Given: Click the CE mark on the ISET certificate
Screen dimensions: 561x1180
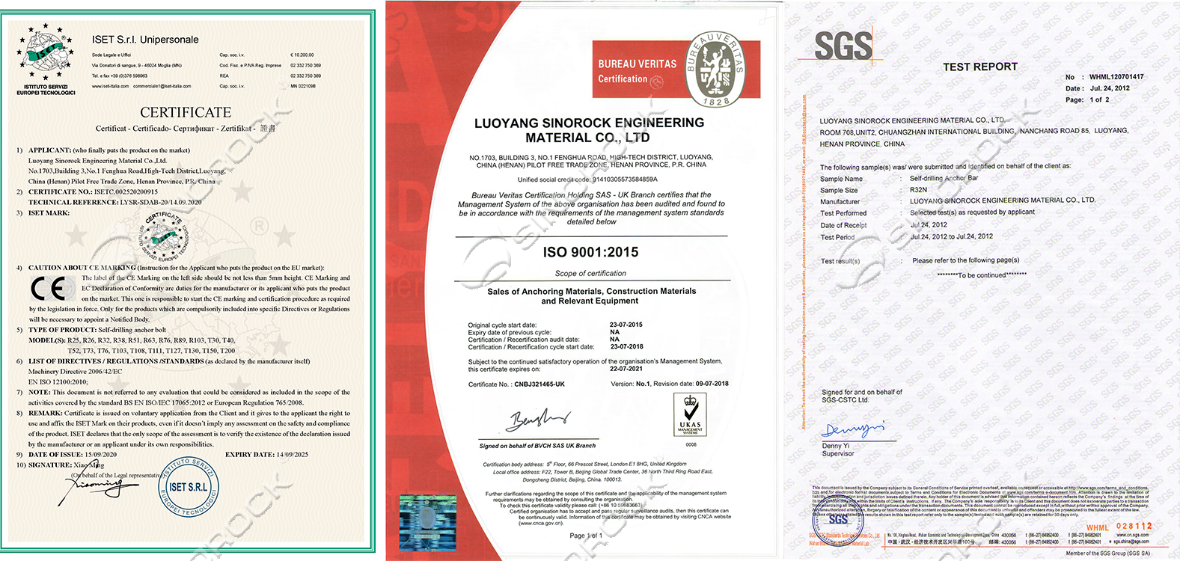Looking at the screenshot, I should (48, 288).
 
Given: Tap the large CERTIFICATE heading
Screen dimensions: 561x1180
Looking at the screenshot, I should (186, 112).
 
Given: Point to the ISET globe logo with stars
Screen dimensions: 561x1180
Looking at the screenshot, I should (46, 54).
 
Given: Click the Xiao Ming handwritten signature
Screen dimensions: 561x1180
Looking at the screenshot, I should (95, 489).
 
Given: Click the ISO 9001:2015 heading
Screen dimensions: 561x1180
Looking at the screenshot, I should (590, 252).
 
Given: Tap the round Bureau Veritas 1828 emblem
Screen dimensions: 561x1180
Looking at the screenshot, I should (715, 70).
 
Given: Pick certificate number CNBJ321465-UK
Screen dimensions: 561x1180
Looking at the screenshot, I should (539, 384).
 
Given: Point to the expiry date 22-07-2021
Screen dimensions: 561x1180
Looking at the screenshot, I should (626, 369).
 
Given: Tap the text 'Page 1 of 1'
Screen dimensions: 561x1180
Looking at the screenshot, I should (585, 536).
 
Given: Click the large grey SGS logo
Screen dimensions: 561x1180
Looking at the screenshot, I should (843, 46).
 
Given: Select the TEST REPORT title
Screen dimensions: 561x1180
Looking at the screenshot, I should (979, 67).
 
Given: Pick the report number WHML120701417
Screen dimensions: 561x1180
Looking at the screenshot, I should (1116, 77).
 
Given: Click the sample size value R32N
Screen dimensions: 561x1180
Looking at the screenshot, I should (918, 190).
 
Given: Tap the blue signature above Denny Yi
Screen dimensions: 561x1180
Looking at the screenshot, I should (852, 429).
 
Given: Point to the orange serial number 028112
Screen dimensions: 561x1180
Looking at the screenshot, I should (1134, 527).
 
